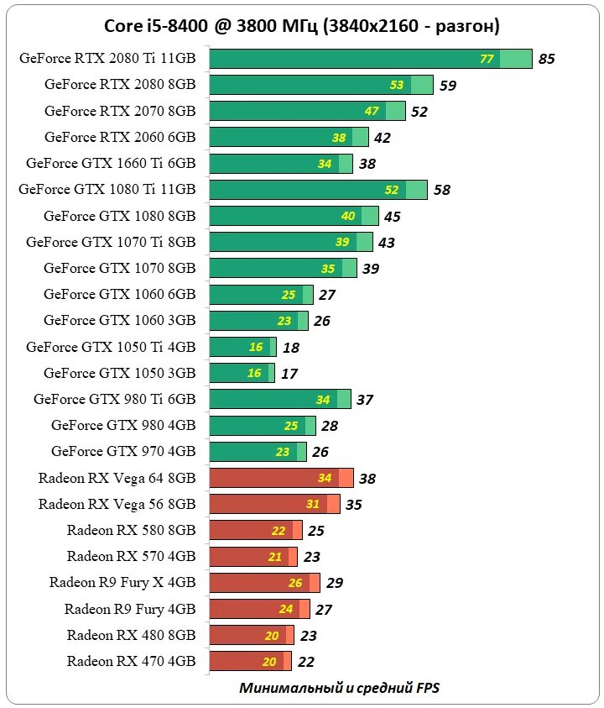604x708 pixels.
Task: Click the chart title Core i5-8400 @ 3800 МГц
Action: [301, 26]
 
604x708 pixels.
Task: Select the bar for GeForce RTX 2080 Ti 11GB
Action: [370, 59]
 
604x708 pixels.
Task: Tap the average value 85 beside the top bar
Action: [547, 59]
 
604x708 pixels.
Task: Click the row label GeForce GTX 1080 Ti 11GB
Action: [107, 190]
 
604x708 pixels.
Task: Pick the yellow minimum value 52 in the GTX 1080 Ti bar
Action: [391, 190]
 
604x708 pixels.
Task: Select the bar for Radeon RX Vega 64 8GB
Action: [281, 479]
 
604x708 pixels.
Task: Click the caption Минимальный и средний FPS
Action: [339, 688]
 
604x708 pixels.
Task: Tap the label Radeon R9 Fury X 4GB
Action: [122, 582]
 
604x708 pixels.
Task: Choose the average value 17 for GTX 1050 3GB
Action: [289, 373]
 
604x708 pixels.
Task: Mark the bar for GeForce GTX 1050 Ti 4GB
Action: [242, 347]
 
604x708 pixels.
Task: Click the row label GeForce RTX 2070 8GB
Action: [120, 111]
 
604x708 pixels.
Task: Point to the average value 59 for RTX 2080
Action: [448, 85]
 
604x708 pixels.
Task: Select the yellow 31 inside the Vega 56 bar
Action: [312, 505]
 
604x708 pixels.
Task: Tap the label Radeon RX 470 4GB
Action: [131, 661]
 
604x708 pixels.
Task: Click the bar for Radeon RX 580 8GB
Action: [255, 531]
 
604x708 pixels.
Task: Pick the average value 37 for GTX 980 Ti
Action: [364, 400]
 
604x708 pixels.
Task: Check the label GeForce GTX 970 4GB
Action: [123, 451]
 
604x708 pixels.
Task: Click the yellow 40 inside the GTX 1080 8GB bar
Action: [348, 216]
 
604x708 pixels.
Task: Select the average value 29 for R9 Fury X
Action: [334, 583]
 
